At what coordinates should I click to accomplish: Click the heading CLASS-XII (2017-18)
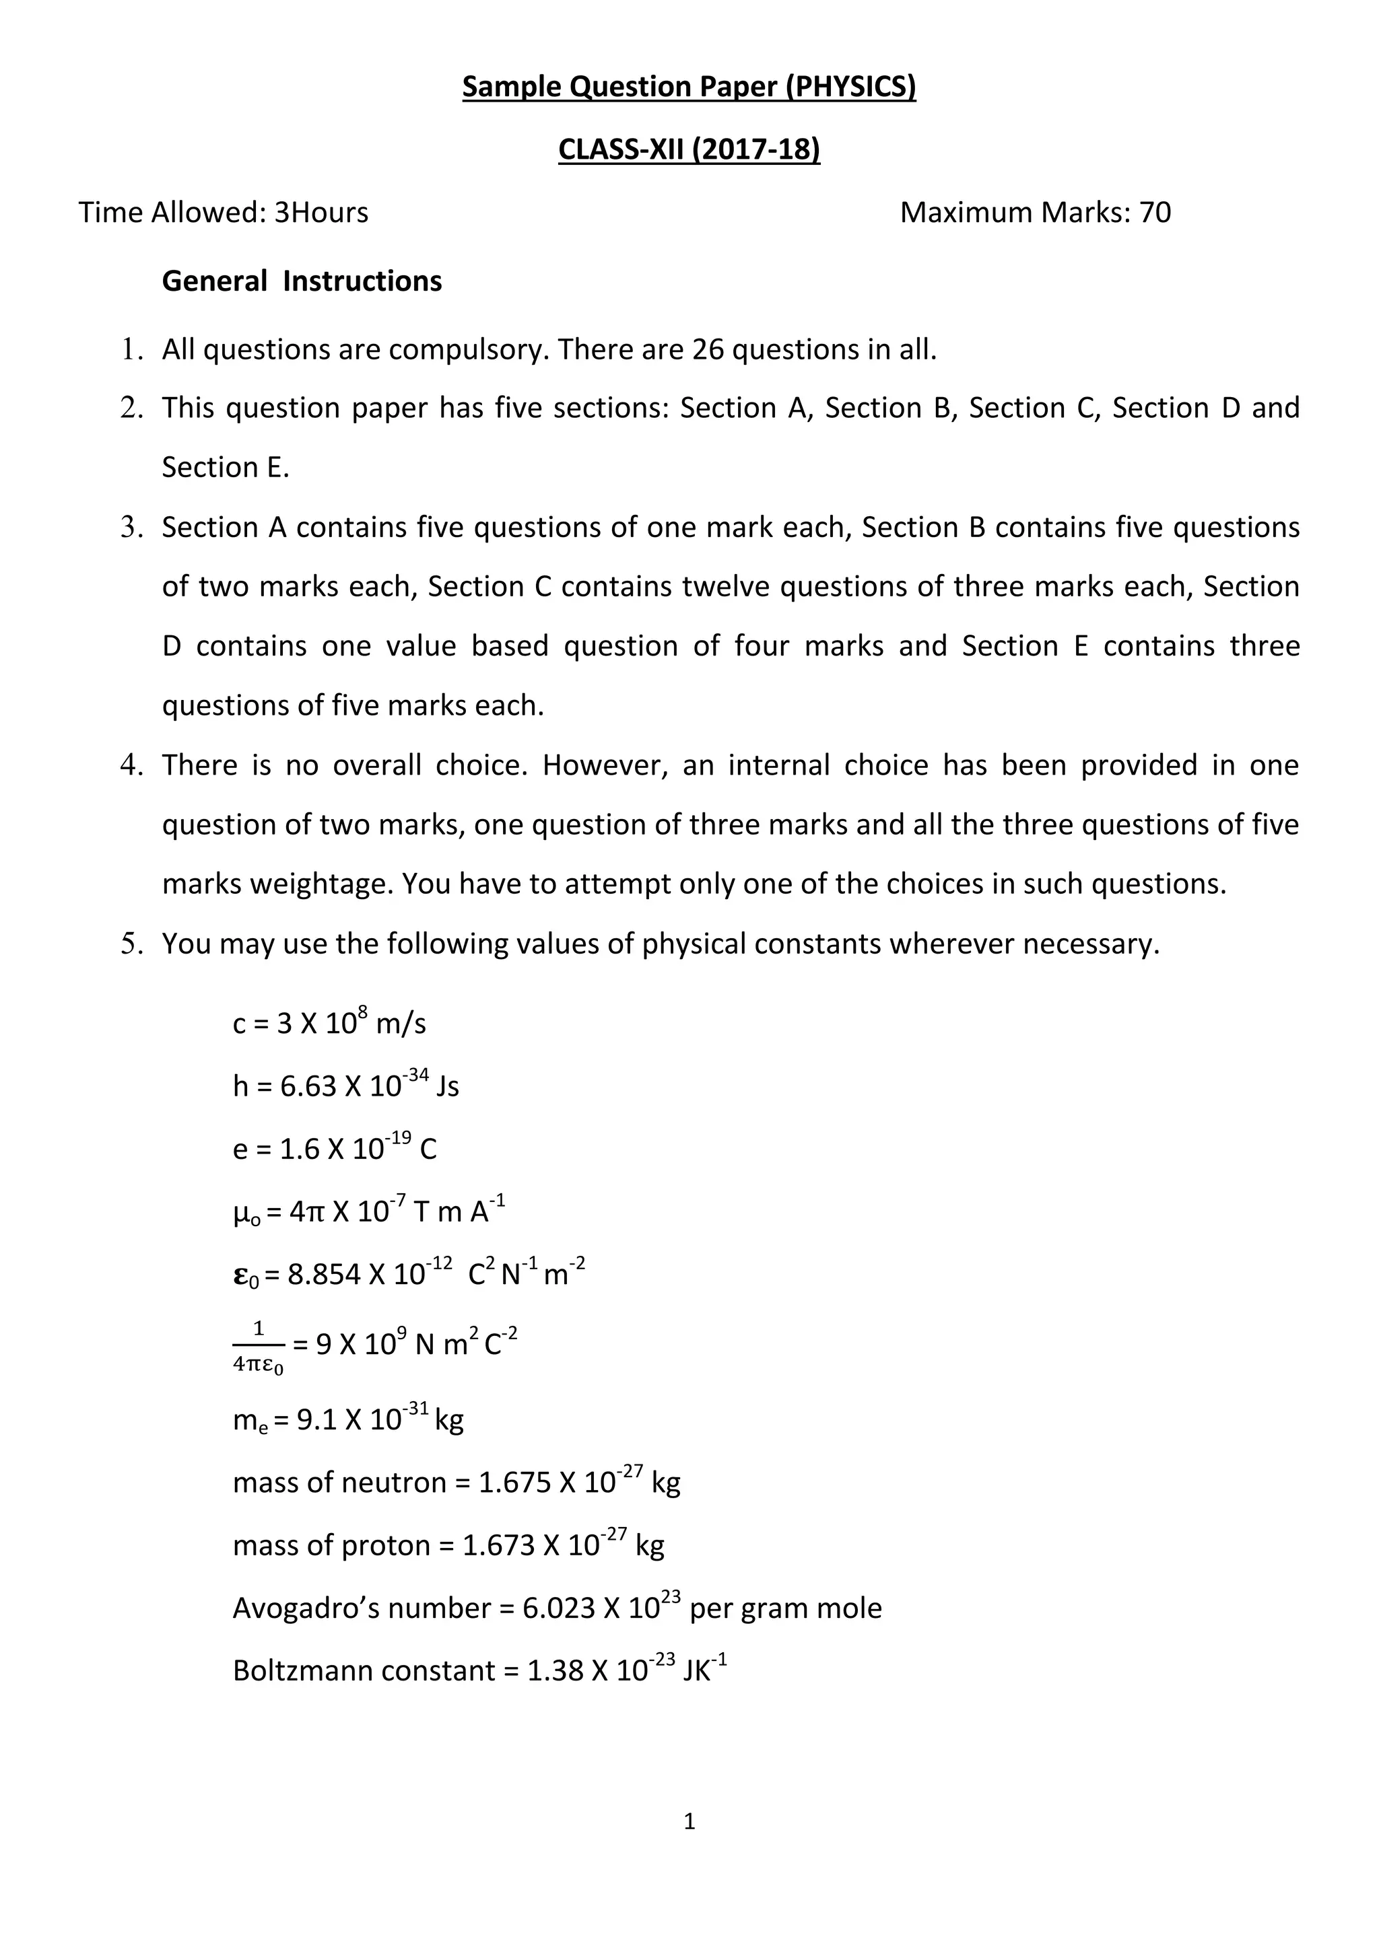coord(689,149)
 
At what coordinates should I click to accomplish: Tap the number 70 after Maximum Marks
coord(1154,212)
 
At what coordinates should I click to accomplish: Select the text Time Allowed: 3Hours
coord(224,212)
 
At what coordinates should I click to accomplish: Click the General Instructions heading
coord(302,281)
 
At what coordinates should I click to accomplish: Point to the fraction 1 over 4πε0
coord(258,1345)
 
